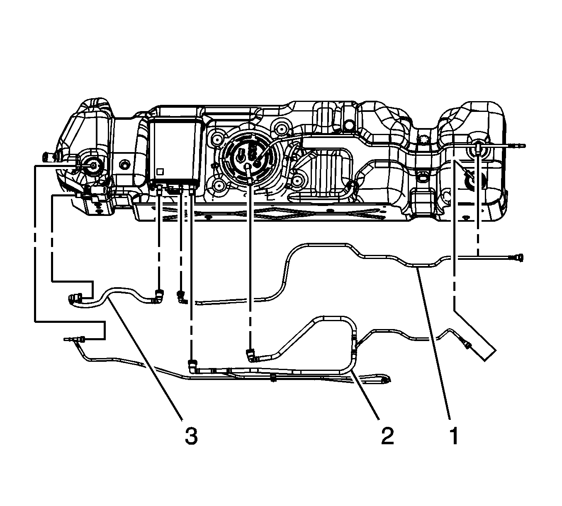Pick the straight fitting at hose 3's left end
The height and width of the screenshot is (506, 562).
[75, 298]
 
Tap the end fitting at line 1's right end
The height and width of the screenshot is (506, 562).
[517, 257]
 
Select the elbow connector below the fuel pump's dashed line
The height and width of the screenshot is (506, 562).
[250, 355]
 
